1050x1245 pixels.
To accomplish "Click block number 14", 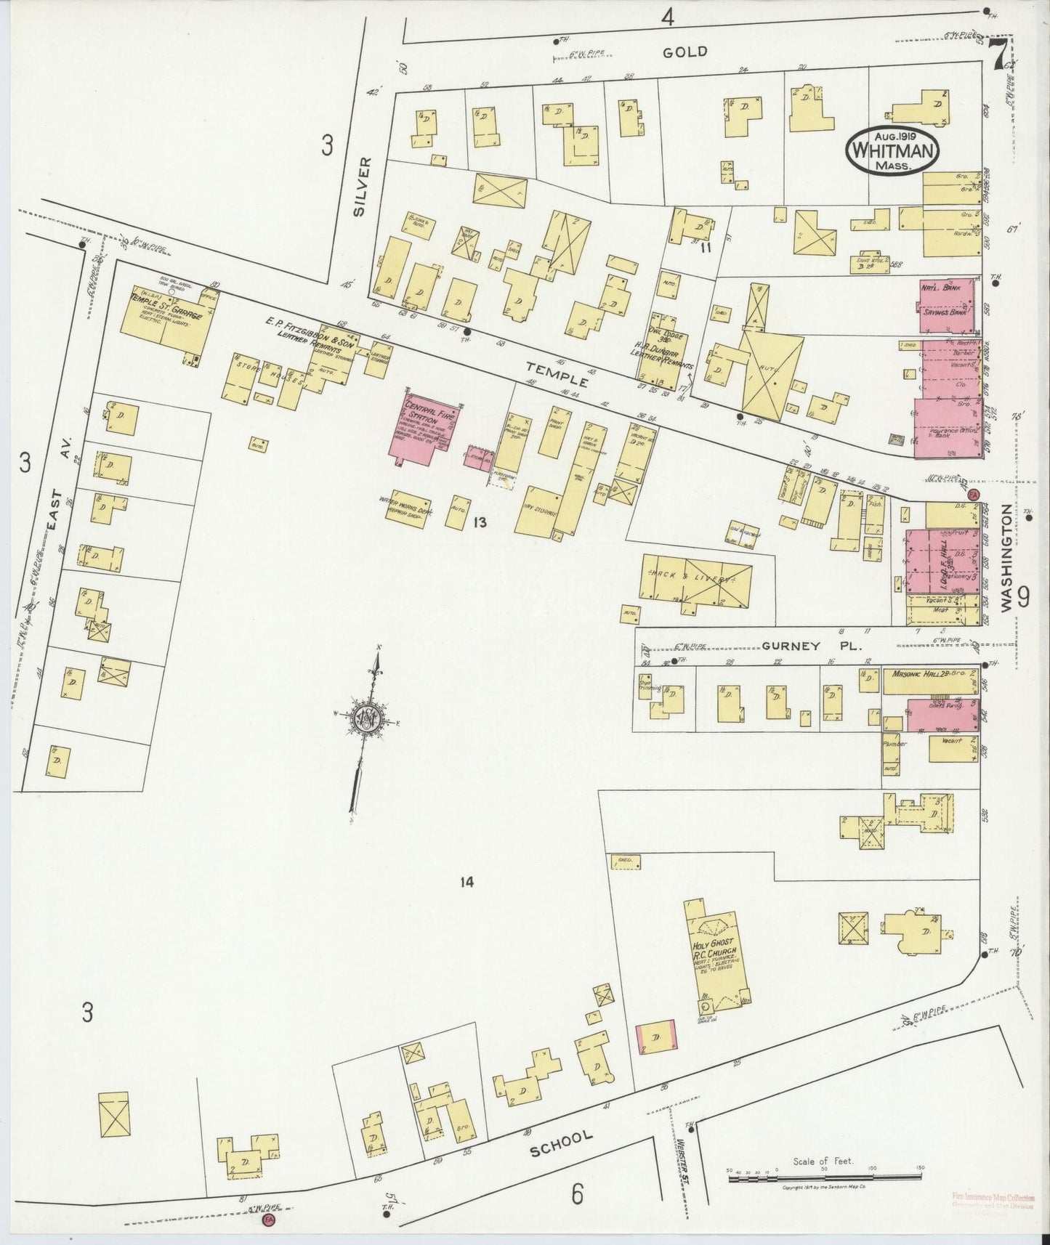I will click(467, 882).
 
